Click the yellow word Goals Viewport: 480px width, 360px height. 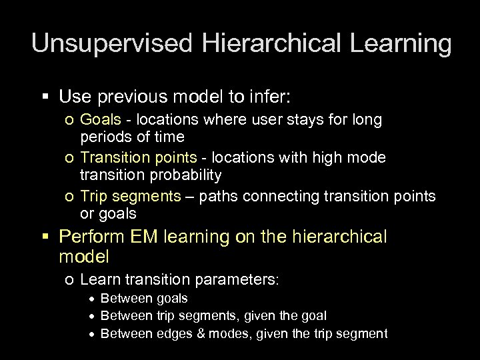tap(97, 121)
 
